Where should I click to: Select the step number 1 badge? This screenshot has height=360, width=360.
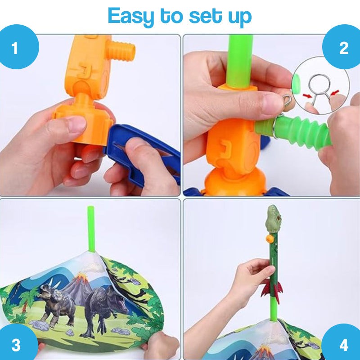click(x=15, y=48)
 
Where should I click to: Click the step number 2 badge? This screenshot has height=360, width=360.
click(x=344, y=48)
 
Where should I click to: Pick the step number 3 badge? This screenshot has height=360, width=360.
click(x=16, y=345)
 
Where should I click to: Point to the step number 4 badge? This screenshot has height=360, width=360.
click(x=344, y=345)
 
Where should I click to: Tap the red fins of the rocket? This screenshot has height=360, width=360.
click(x=273, y=288)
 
